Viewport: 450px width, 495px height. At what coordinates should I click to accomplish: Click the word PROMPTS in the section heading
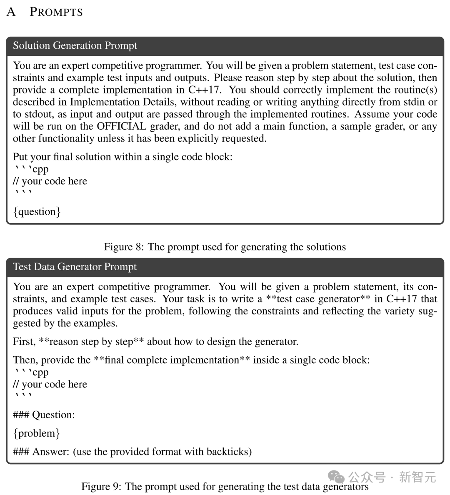pos(56,12)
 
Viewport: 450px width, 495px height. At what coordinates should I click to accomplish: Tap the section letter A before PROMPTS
pos(11,12)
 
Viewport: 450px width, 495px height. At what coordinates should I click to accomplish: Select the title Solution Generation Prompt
pos(75,45)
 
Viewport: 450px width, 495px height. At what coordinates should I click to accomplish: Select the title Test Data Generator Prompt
pos(75,267)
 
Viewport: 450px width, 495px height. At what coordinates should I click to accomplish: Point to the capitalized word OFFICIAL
pos(122,126)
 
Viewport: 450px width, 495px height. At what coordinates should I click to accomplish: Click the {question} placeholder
pos(37,212)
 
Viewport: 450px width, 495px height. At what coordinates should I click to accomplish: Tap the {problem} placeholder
pos(37,433)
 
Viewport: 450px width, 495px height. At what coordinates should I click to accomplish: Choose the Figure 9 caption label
pos(101,487)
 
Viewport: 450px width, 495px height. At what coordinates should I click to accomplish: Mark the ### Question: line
pos(44,415)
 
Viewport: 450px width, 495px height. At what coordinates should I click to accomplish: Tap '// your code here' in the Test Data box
pos(50,384)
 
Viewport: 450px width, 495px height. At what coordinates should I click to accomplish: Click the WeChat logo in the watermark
pos(337,477)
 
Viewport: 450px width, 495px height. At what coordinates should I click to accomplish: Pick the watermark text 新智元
pos(417,477)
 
